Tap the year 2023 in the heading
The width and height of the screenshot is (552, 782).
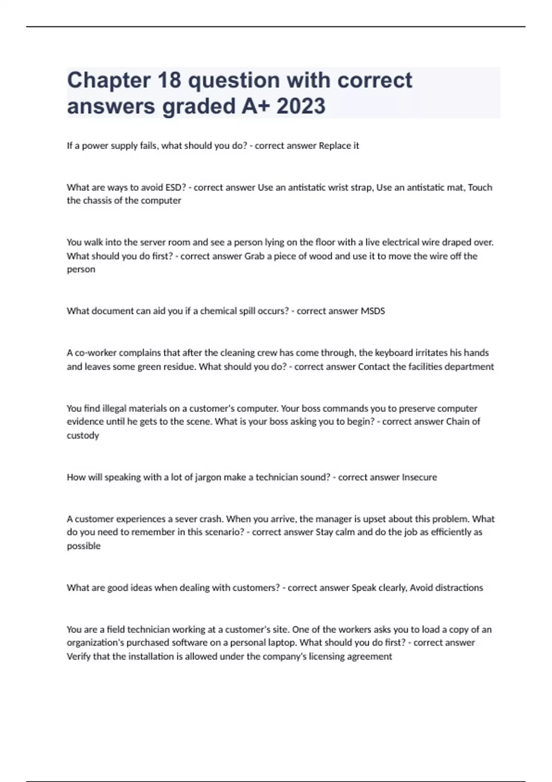click(301, 106)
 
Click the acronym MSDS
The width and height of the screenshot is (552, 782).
click(373, 311)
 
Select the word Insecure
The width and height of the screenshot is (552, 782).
click(419, 477)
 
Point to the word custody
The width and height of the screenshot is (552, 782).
click(83, 435)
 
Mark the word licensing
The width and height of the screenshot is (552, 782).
click(331, 656)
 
